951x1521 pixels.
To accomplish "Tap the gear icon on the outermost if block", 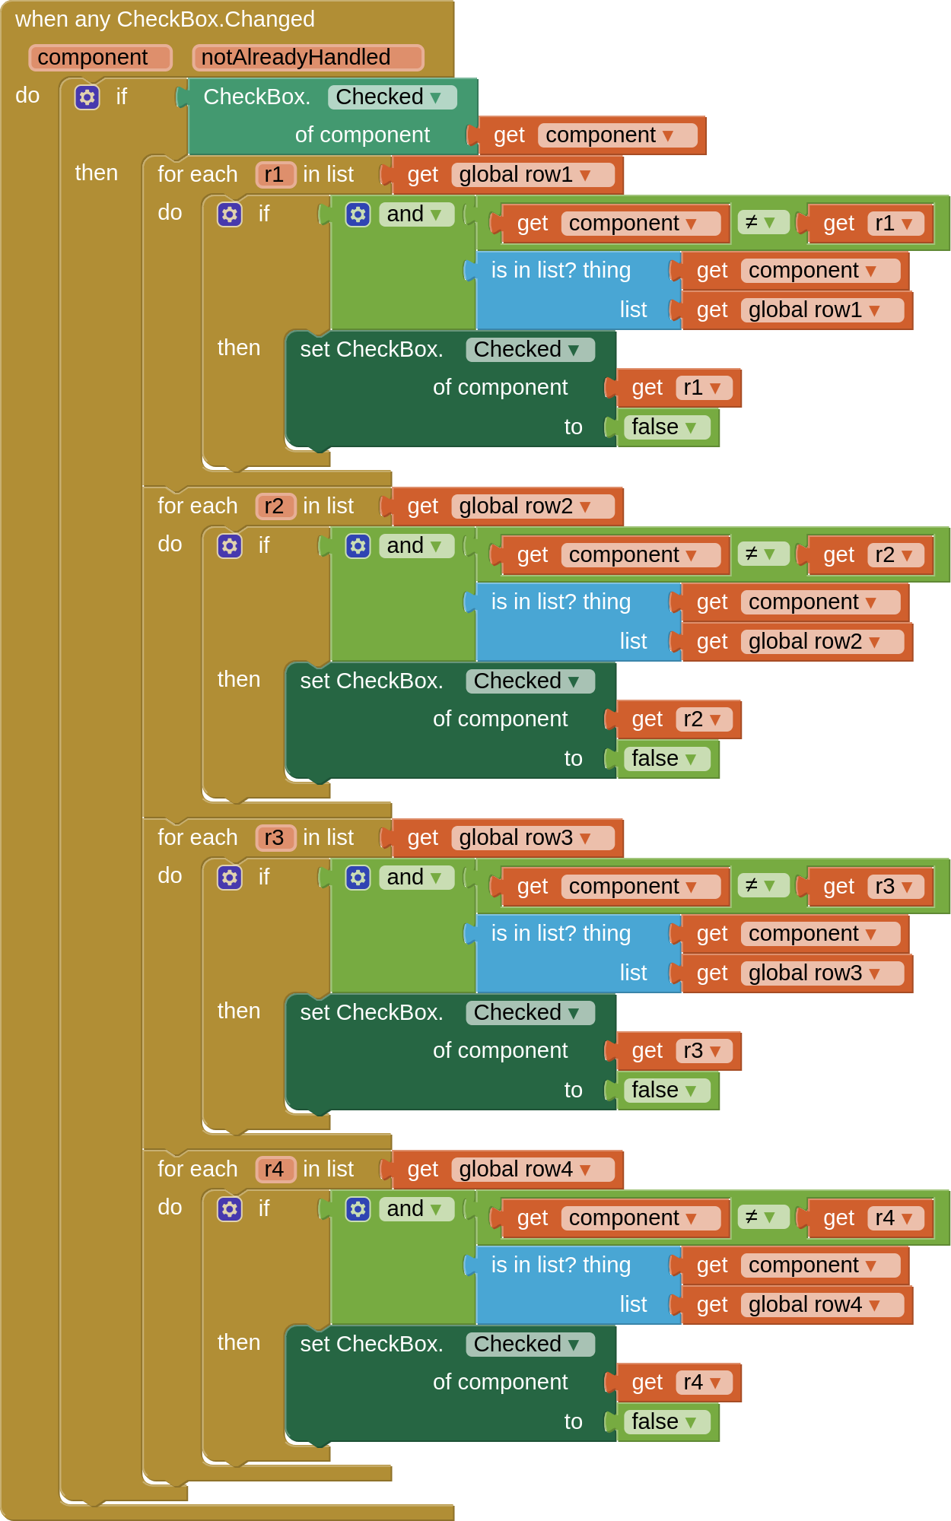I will click(x=87, y=97).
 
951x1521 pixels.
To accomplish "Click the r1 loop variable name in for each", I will click(x=275, y=175).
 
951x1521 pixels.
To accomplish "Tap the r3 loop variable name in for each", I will click(x=275, y=838).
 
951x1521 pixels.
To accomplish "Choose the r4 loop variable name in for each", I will click(x=275, y=1170).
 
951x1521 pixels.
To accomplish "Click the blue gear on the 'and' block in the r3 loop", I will click(x=358, y=878).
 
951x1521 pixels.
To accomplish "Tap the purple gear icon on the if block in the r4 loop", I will click(x=230, y=1209).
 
